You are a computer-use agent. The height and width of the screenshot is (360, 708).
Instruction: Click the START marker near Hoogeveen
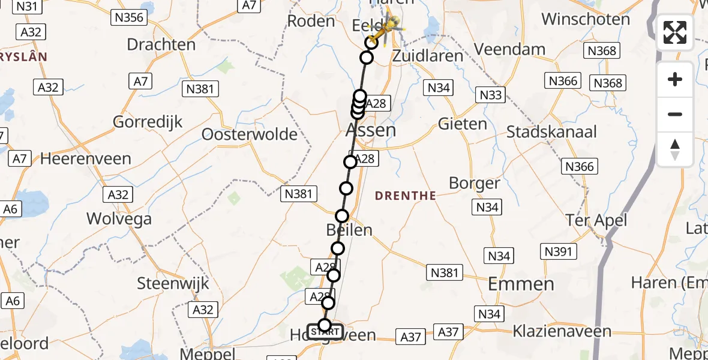(x=325, y=331)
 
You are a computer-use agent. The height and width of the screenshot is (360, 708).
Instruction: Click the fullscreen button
(x=675, y=32)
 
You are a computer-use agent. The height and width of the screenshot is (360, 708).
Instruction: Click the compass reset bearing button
(x=675, y=149)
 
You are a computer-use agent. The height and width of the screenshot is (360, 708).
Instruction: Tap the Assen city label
(x=371, y=130)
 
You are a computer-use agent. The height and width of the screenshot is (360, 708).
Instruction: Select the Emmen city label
(x=521, y=284)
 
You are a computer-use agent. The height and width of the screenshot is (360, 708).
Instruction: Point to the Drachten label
(x=161, y=44)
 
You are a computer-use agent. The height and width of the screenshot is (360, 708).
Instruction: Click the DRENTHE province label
(x=406, y=196)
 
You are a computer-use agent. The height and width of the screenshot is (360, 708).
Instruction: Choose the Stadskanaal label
(x=552, y=132)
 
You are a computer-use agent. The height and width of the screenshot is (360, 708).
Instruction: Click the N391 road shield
(x=558, y=251)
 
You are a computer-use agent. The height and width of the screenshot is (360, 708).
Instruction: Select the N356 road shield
(x=129, y=17)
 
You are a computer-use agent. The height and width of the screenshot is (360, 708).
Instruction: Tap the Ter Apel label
(x=596, y=220)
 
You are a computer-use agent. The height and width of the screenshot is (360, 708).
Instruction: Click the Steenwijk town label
(x=173, y=283)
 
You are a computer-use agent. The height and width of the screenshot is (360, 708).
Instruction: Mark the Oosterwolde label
(x=249, y=134)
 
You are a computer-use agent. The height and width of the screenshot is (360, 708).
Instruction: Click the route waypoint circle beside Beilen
(x=342, y=216)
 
